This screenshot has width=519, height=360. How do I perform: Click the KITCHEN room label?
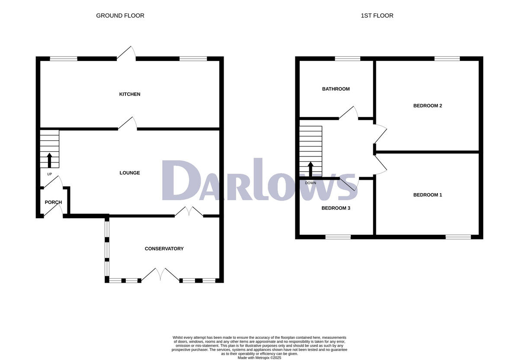click(x=130, y=94)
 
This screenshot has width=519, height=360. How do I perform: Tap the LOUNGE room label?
click(x=130, y=173)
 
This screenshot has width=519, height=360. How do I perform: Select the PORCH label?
click(x=53, y=202)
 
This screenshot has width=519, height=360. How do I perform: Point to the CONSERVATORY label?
click(x=164, y=248)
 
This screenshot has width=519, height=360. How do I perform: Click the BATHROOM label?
click(x=336, y=89)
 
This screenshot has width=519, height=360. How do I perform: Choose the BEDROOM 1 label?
click(x=427, y=195)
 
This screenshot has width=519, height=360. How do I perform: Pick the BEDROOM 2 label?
click(x=427, y=106)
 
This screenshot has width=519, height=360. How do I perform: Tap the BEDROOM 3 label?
click(x=336, y=208)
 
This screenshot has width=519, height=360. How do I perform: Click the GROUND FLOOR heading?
click(x=120, y=16)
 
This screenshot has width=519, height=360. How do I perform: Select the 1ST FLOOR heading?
click(x=377, y=16)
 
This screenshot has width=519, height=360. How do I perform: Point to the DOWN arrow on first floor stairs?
click(x=311, y=169)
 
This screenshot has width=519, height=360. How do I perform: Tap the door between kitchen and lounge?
click(x=128, y=123)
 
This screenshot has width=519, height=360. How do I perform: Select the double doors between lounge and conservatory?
click(x=189, y=212)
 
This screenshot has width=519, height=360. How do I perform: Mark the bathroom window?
click(x=347, y=58)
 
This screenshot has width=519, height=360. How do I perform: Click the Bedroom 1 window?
click(x=458, y=237)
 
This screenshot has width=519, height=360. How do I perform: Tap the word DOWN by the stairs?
click(x=311, y=183)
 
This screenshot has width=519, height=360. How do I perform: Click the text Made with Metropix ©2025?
click(x=259, y=358)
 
